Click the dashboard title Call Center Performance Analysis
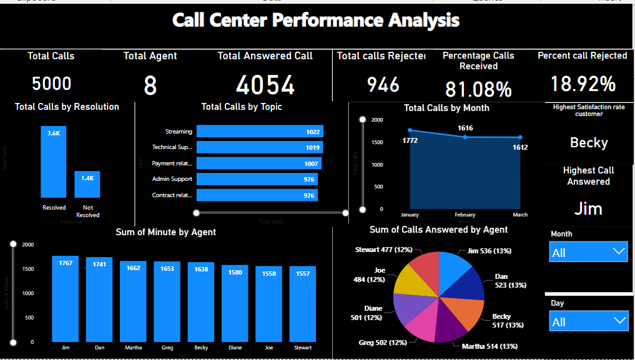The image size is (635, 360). (x=316, y=21)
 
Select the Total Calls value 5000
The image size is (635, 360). (x=51, y=84)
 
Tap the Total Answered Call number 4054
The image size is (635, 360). (x=265, y=85)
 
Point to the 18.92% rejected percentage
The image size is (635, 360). (x=583, y=84)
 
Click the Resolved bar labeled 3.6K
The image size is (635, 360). (x=54, y=162)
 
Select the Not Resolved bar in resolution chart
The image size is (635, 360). (x=87, y=185)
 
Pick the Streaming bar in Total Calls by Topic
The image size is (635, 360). (x=260, y=132)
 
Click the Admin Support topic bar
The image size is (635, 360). (x=257, y=179)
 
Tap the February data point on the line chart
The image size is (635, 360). (x=465, y=137)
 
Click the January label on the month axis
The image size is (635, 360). (x=410, y=215)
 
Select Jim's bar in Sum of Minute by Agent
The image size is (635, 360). (x=66, y=299)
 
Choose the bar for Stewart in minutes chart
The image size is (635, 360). (x=303, y=304)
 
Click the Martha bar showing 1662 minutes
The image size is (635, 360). (x=133, y=301)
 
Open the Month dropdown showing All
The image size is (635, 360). (x=588, y=252)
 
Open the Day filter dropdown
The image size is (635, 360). (x=588, y=321)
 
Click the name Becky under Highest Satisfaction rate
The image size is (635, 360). (x=588, y=143)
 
